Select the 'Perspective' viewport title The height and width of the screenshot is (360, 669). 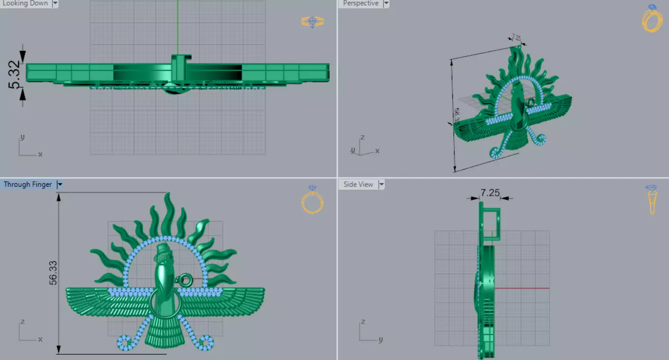pos(360,3)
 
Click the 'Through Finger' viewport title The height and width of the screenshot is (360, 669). pos(28,185)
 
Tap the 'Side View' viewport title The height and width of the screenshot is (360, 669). pos(358,185)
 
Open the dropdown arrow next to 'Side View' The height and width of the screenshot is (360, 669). pos(381,185)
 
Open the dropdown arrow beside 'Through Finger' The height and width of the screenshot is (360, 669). pos(59,185)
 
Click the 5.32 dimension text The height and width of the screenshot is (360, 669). pos(15,74)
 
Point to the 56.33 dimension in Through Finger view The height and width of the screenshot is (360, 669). pos(53,273)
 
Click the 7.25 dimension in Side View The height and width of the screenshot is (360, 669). pos(490,192)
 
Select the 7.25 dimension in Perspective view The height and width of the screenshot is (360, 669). pos(516,37)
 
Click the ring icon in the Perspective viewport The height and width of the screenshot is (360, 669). pos(652,19)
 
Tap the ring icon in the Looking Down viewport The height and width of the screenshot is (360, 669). pos(313,22)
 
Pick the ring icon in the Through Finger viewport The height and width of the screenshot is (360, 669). pos(312,199)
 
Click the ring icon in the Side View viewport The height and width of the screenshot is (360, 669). pos(652,199)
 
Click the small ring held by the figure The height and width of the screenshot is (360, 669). pos(186,281)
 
